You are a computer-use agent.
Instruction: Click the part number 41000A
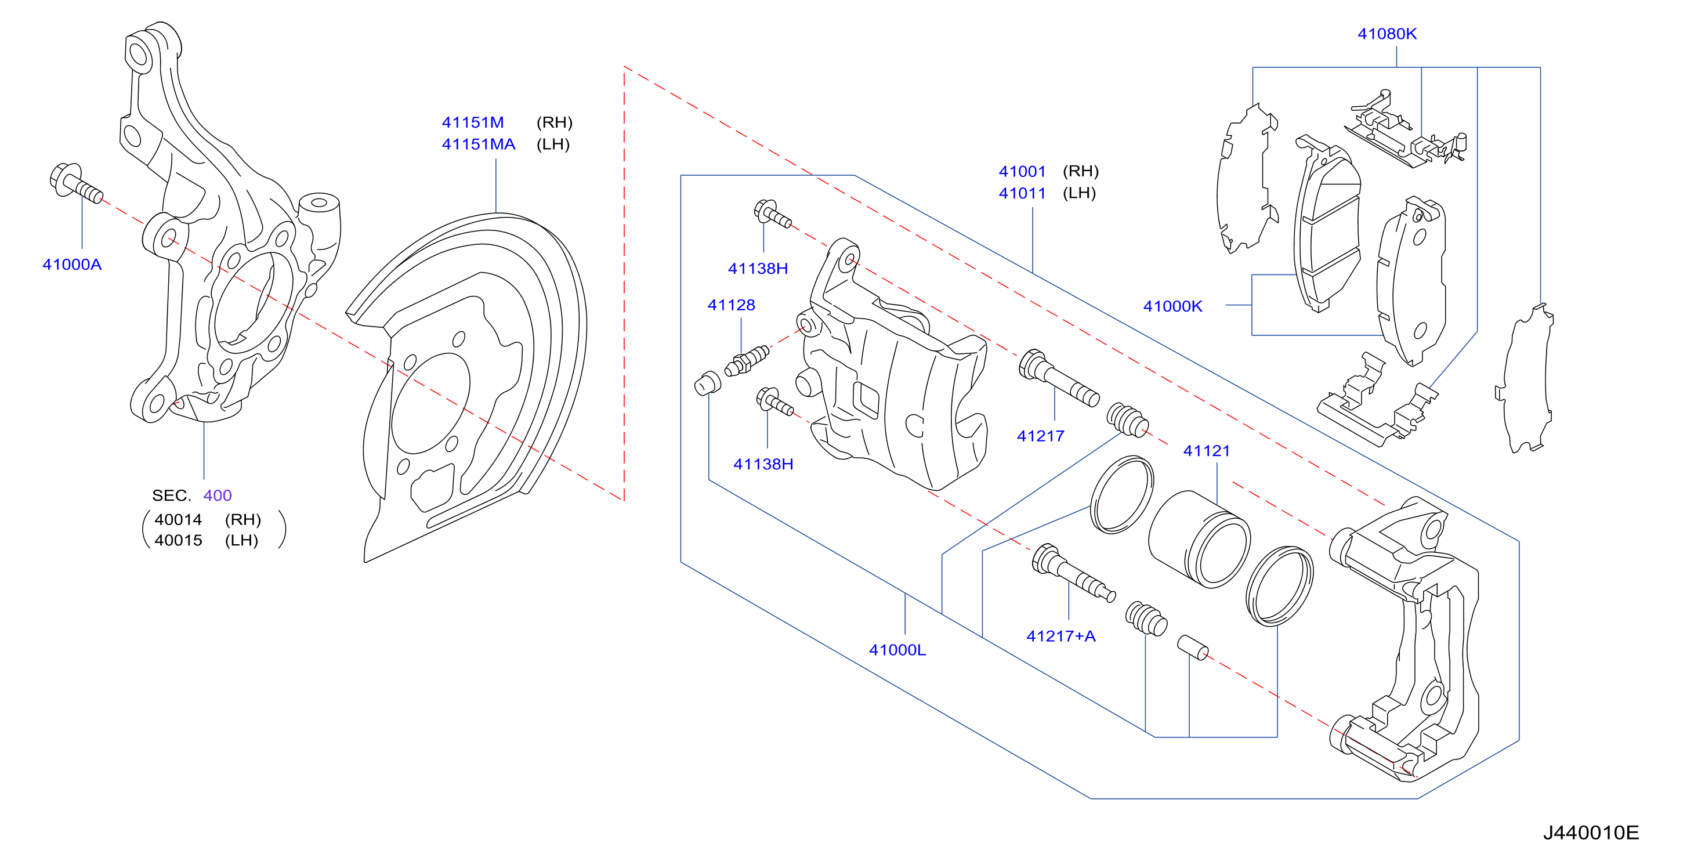coord(72,265)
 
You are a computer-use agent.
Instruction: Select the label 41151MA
coord(479,144)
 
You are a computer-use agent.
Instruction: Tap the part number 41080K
coord(1387,34)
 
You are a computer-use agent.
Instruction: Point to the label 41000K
coord(1173,306)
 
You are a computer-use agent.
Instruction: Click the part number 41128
coord(732,305)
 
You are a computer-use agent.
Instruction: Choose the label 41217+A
coord(1061,636)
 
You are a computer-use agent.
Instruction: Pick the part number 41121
coord(1207,451)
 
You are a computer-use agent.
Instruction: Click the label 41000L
coord(897,650)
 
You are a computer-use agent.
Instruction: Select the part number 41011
coord(1023,193)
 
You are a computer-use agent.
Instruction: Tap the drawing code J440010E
coord(1591,833)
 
